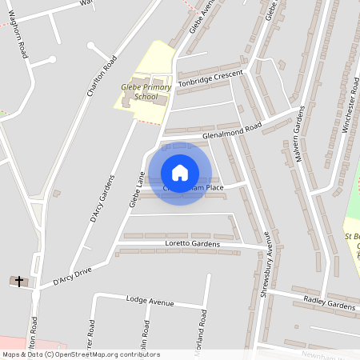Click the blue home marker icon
[x=180, y=173]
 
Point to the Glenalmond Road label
[x=233, y=131]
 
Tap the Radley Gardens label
[x=329, y=305]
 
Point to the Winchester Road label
[x=350, y=105]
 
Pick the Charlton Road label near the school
[x=102, y=75]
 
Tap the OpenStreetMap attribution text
[x=80, y=354]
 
